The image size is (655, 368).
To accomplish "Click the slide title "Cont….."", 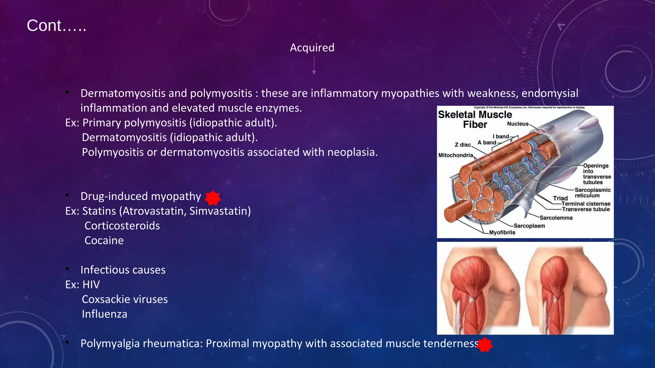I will pyautogui.click(x=56, y=26).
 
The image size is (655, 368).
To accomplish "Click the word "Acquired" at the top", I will pyautogui.click(x=312, y=48).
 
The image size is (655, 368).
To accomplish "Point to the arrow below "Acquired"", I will pyautogui.click(x=314, y=66).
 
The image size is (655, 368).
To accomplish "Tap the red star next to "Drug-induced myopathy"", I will pyautogui.click(x=213, y=198).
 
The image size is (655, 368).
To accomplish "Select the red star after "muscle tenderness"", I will pyautogui.click(x=485, y=345).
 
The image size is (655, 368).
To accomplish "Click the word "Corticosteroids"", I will pyautogui.click(x=122, y=226).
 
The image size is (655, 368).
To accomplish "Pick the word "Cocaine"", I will pyautogui.click(x=104, y=241).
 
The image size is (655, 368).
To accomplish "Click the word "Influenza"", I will pyautogui.click(x=104, y=314).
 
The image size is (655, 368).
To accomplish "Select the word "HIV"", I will pyautogui.click(x=91, y=285).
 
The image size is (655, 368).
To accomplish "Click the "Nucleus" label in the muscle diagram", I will pyautogui.click(x=517, y=124).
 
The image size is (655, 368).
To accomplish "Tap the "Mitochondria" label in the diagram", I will pyautogui.click(x=455, y=155).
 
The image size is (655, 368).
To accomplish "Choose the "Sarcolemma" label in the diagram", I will pyautogui.click(x=556, y=218).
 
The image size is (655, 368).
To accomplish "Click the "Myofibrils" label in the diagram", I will pyautogui.click(x=502, y=233).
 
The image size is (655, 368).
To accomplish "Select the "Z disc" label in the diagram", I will pyautogui.click(x=462, y=145).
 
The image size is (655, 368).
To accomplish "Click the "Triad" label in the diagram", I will pyautogui.click(x=560, y=198).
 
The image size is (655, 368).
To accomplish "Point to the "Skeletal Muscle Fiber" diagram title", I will pyautogui.click(x=475, y=119).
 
